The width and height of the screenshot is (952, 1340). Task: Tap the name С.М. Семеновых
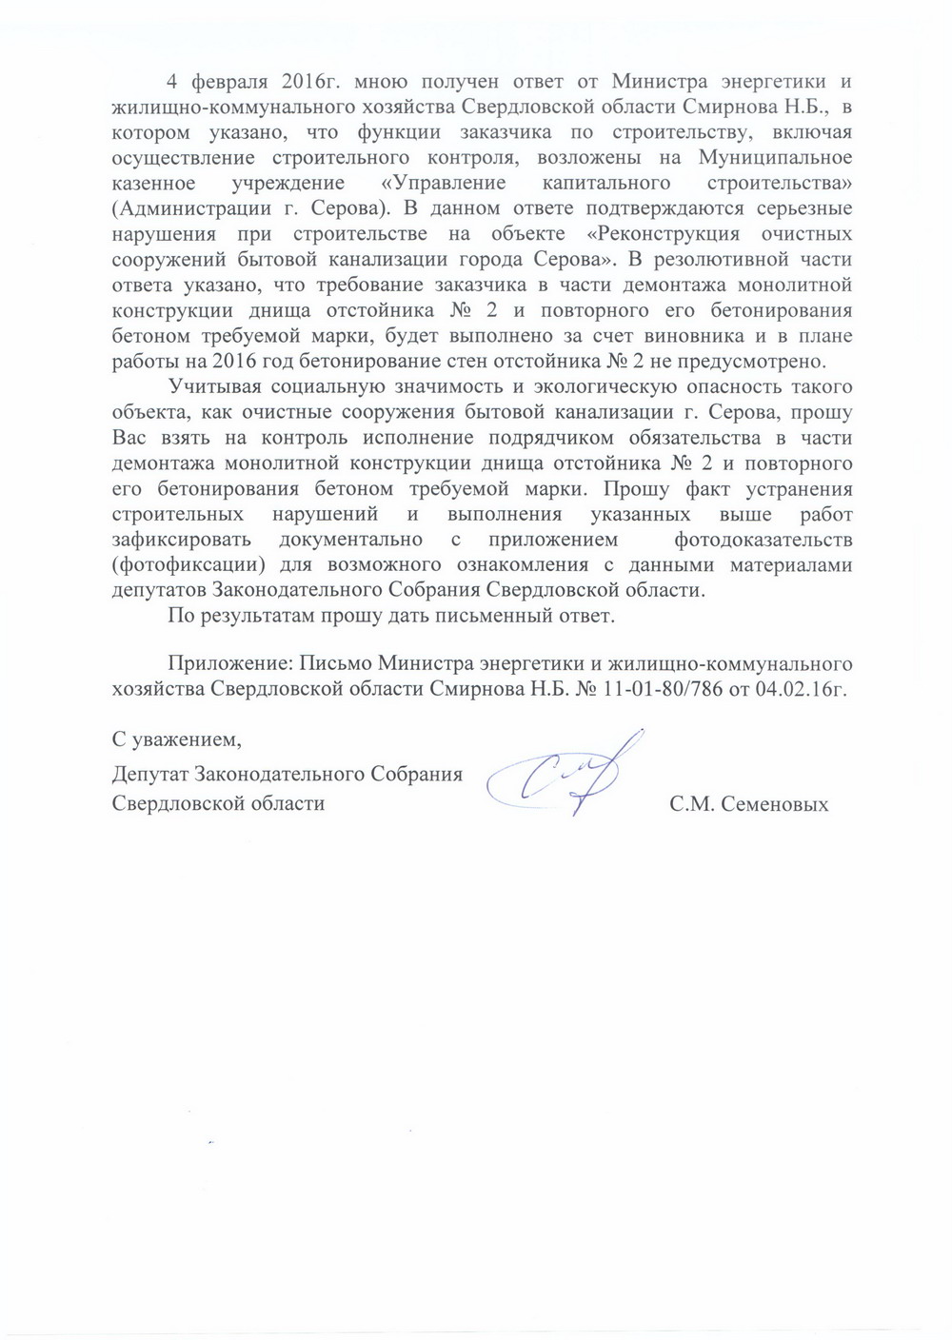[x=749, y=804]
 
